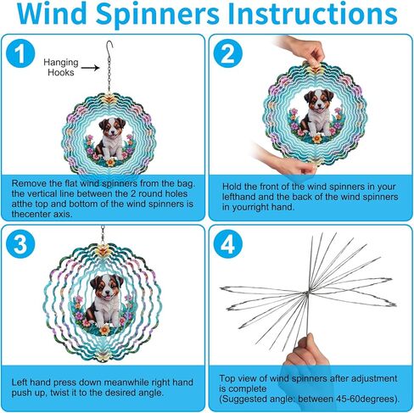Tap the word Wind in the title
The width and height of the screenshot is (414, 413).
(x=53, y=14)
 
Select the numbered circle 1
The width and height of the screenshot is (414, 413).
(x=20, y=53)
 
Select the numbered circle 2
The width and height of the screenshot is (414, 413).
(x=228, y=53)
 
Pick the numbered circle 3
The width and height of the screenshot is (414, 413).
(x=20, y=243)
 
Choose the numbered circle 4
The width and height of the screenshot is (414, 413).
(x=228, y=243)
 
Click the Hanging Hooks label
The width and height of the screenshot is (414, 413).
(x=61, y=67)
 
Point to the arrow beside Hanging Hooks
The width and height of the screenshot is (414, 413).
(x=90, y=68)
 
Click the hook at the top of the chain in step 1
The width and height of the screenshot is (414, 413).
(x=109, y=46)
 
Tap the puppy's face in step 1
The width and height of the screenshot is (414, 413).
(x=112, y=127)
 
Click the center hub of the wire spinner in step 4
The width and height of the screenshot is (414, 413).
(x=307, y=293)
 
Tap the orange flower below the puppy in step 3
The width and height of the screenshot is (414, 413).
(x=105, y=330)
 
